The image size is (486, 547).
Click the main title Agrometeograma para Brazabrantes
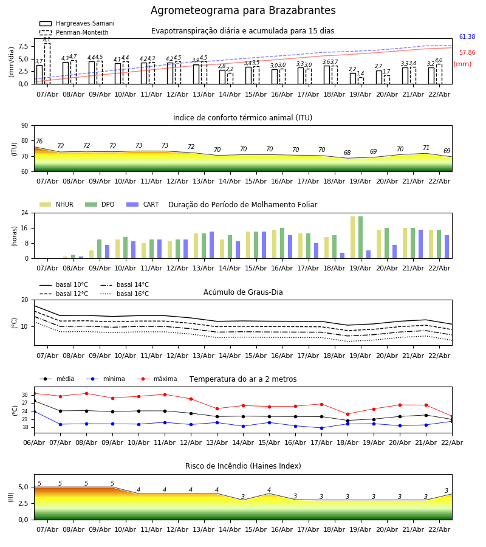pos(243,11)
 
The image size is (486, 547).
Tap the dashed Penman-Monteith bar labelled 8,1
pos(47,63)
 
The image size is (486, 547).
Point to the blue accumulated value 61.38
pos(467,37)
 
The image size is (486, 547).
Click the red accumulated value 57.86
pos(467,53)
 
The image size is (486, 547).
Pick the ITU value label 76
pos(39,142)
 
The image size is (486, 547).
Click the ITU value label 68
pos(347,153)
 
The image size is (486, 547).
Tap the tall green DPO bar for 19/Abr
pos(360,237)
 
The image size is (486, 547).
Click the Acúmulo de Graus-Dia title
pos(243,292)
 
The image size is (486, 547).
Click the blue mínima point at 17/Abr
pos(321,428)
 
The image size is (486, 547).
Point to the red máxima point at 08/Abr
pos(86,393)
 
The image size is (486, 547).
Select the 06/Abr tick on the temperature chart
pos(34,443)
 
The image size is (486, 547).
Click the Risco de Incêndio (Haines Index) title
pos(243,466)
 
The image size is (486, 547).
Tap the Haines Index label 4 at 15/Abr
pos(269,490)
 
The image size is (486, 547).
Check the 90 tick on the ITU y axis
pos(24,125)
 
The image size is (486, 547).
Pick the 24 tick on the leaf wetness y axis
pos(24,213)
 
